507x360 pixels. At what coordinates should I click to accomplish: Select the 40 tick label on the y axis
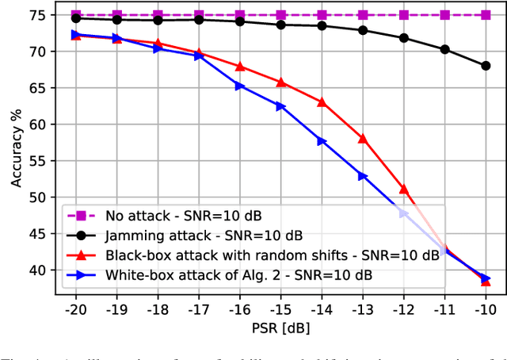click(x=40, y=270)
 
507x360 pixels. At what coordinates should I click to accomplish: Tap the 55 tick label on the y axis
click(x=40, y=161)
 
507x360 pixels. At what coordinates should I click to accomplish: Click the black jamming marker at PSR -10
click(x=486, y=66)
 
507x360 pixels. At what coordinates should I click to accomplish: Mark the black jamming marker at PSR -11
click(x=444, y=49)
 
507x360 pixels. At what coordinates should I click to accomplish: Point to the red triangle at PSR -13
click(x=363, y=138)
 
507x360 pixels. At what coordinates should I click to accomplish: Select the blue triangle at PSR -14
click(x=322, y=141)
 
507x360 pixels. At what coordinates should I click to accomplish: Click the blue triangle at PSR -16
click(x=240, y=86)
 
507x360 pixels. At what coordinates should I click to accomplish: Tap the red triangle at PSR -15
click(x=280, y=82)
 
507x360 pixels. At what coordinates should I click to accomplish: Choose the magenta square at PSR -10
click(x=486, y=15)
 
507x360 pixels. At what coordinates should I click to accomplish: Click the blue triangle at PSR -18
click(x=158, y=48)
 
